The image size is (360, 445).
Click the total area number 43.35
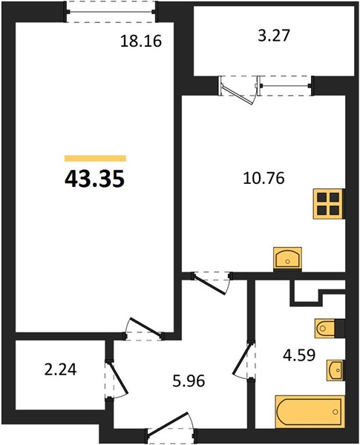click(94, 179)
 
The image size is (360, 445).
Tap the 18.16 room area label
click(141, 41)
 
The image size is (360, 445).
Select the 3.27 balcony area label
click(274, 36)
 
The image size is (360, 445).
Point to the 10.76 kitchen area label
click(264, 179)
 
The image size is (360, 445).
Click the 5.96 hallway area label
click(189, 380)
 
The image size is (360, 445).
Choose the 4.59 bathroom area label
click(299, 355)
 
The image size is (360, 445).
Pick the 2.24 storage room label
click(61, 370)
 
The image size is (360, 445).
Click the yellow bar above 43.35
click(95, 158)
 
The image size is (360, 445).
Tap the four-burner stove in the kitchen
click(329, 203)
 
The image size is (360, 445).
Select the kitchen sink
click(287, 257)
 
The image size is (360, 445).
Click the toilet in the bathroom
click(325, 329)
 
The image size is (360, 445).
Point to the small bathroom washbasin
click(335, 370)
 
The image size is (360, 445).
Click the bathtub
click(310, 412)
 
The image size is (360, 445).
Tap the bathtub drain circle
click(336, 412)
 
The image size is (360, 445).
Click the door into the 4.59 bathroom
click(243, 360)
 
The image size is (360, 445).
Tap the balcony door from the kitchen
click(239, 90)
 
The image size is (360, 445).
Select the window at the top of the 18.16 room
click(111, 12)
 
